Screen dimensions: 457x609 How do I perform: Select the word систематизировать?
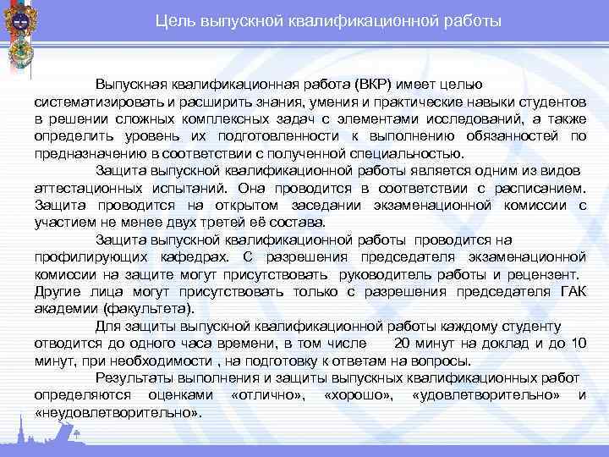[x=93, y=102]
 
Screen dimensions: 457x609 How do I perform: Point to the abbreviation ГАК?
[x=571, y=291]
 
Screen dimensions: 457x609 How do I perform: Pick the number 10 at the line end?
[x=577, y=343]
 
